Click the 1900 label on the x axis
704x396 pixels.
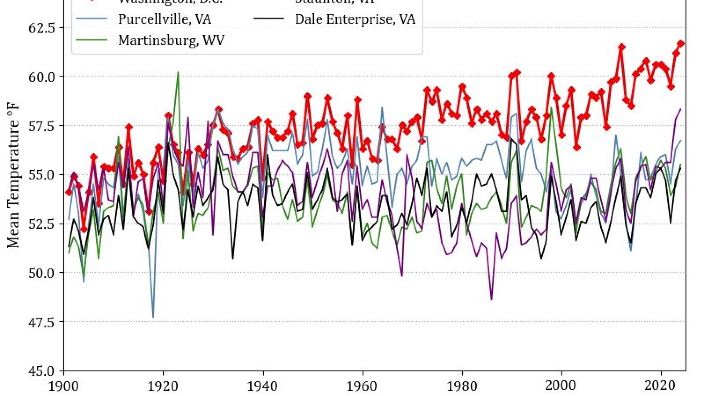(64, 386)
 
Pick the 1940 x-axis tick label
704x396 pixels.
(263, 386)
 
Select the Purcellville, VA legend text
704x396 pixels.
(165, 19)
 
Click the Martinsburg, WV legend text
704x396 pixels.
(171, 40)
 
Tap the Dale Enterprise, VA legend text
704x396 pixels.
(355, 19)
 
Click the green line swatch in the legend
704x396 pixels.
(92, 40)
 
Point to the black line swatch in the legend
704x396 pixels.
(268, 19)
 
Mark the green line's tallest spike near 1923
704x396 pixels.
(178, 72)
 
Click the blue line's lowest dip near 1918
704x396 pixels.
(153, 317)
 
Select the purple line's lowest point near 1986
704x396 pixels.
(491, 300)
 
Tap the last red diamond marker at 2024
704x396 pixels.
(681, 44)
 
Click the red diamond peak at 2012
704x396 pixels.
(621, 47)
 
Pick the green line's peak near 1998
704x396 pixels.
(551, 108)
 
